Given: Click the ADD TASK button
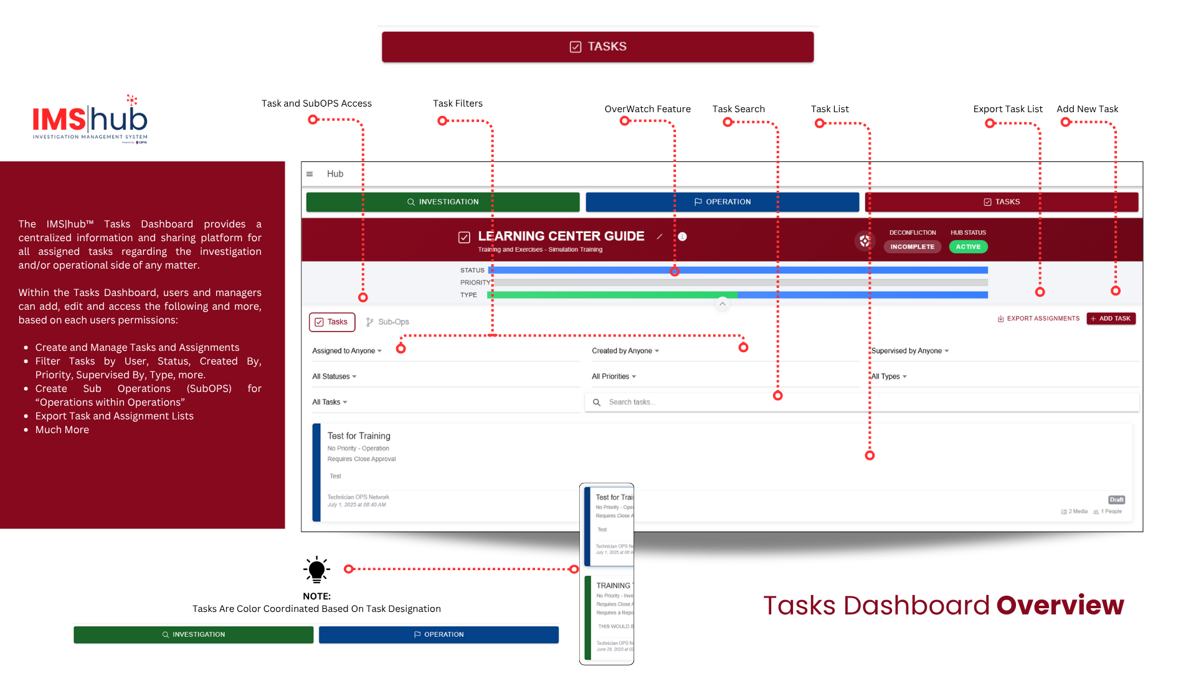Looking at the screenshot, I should (1111, 318).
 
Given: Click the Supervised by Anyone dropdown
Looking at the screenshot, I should (909, 351).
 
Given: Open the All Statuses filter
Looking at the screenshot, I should (335, 376).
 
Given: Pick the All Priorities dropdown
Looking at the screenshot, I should (614, 376).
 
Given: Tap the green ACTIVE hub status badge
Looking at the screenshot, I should (968, 247).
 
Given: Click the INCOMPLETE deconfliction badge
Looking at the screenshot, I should (912, 247).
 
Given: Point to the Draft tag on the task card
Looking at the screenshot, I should (1116, 500).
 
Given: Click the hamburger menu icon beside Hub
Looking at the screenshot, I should (310, 174).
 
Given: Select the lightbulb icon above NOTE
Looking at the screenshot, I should (316, 569).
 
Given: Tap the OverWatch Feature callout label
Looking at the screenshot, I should (647, 109).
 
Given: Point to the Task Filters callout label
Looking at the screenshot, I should (458, 103).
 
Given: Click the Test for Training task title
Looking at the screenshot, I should (359, 436).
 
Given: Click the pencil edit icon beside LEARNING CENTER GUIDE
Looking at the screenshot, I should (660, 237).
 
